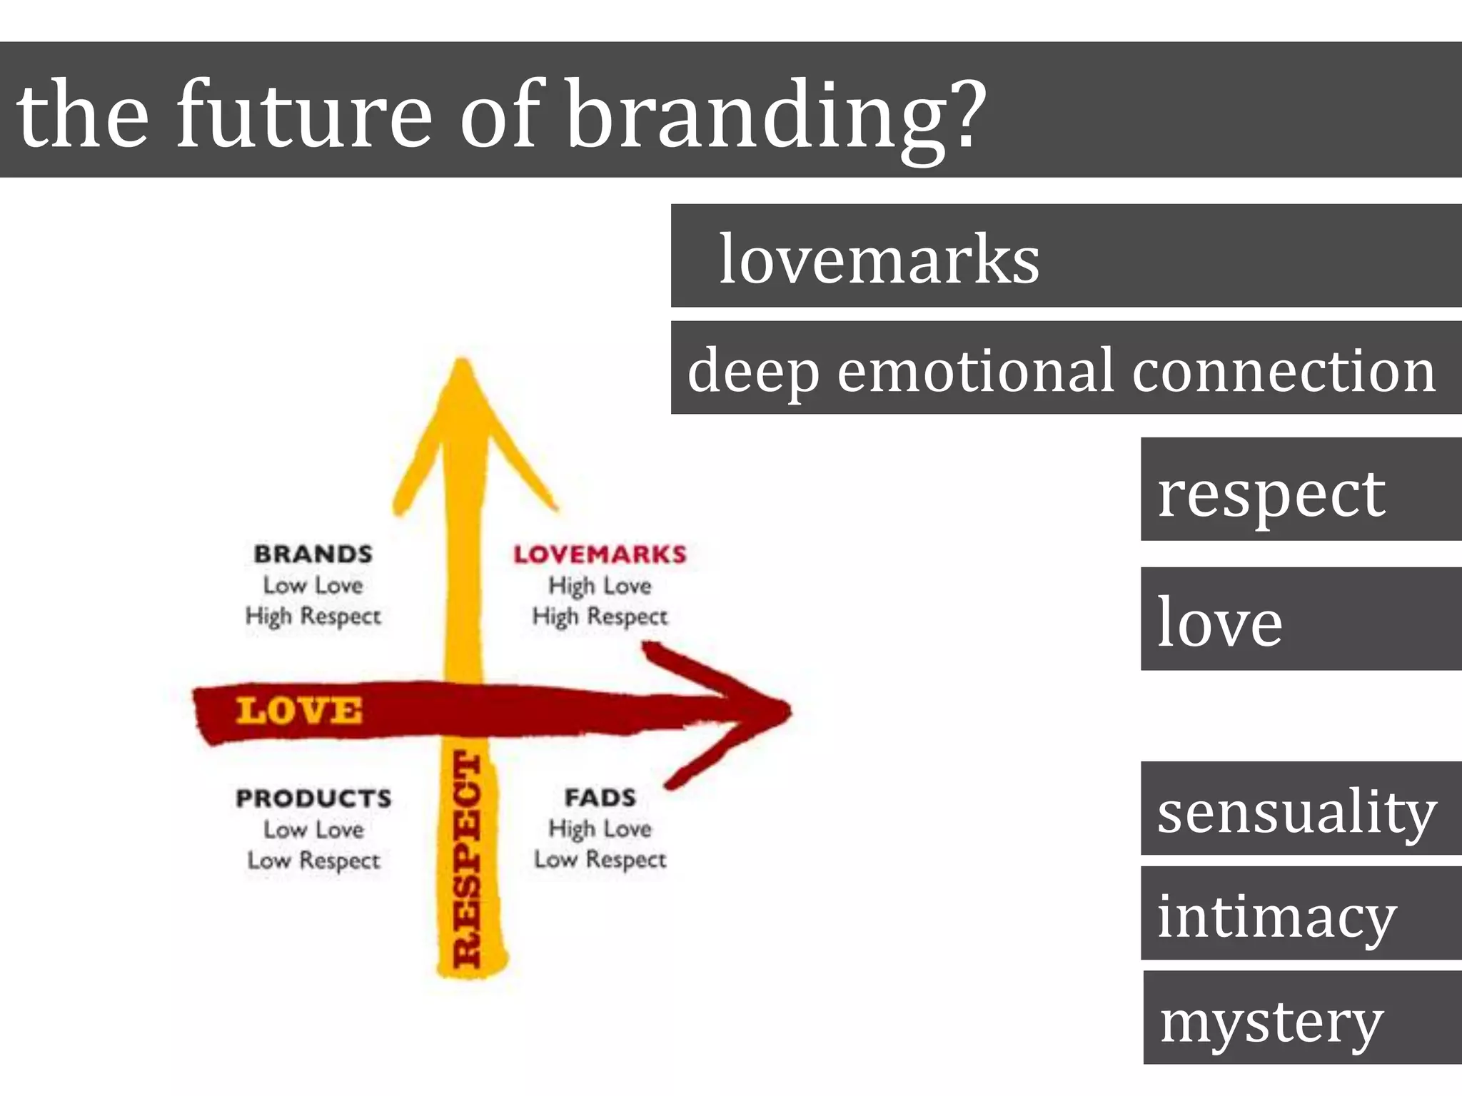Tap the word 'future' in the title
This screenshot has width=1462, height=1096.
tap(303, 114)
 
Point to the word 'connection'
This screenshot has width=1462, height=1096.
tap(1283, 370)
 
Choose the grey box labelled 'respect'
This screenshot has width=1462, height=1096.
tap(1301, 489)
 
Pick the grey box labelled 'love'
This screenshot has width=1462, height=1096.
tap(1301, 619)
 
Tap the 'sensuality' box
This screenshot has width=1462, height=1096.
tap(1301, 808)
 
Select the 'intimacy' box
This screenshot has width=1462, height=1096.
tap(1301, 913)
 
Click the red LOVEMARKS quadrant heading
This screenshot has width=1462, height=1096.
tap(600, 554)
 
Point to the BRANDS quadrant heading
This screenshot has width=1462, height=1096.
tap(313, 554)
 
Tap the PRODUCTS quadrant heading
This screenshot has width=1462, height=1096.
tap(313, 798)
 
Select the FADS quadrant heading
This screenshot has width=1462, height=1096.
tap(600, 797)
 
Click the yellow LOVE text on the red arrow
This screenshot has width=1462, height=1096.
tap(299, 711)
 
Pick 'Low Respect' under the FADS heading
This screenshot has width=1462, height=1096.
tap(600, 860)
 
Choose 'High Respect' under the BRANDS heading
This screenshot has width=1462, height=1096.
tap(313, 616)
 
